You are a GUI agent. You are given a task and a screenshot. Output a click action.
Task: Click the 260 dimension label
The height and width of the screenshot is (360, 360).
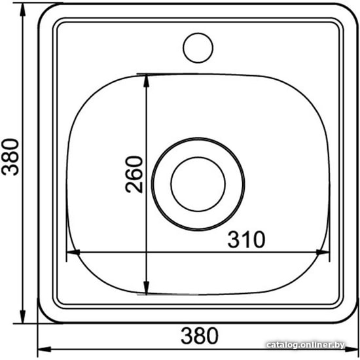click(134, 174)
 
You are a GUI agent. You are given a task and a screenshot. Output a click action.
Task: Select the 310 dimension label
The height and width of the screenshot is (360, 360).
click(246, 240)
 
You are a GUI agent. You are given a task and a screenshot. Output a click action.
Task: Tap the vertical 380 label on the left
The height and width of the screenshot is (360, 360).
click(10, 157)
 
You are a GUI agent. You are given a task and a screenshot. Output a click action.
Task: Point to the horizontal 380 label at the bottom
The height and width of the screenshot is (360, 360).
click(200, 336)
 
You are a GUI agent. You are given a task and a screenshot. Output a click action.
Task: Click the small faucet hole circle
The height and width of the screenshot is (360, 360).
click(198, 48)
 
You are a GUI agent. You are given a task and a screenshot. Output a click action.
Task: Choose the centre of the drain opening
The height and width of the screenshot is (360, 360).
click(198, 184)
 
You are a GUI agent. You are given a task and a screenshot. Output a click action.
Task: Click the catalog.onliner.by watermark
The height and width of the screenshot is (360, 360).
click(306, 344)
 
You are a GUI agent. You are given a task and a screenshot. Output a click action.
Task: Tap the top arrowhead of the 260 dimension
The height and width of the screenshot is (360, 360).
click(146, 81)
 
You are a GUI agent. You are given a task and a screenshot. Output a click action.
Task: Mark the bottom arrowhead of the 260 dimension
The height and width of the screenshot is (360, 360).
click(146, 287)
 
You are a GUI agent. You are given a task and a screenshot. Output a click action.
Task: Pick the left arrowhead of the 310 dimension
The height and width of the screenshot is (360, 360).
click(73, 252)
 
